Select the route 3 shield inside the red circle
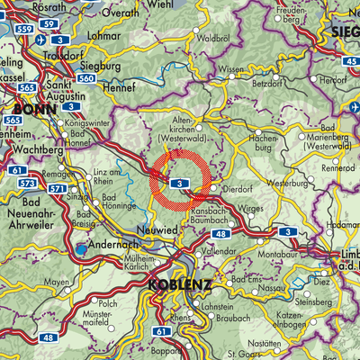[x=181, y=183]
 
